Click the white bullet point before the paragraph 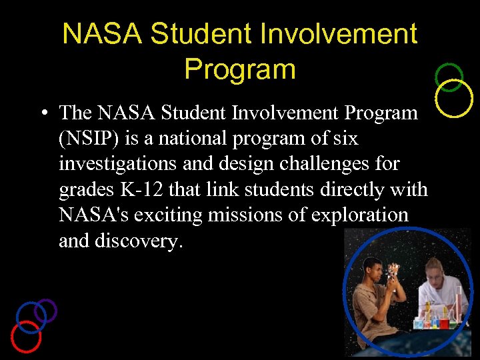click(x=42, y=113)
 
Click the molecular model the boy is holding click(x=393, y=273)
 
